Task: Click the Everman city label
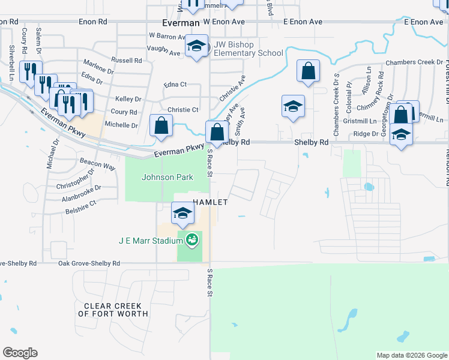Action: [x=181, y=22]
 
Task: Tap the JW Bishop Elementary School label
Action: [x=247, y=49]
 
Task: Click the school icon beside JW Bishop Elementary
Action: [x=196, y=47]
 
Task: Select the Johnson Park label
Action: [x=159, y=177]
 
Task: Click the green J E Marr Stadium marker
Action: [x=192, y=241]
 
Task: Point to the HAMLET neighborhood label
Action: [x=209, y=202]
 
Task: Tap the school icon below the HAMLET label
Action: [x=183, y=212]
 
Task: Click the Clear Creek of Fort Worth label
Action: [x=113, y=310]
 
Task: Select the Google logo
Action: [x=20, y=353]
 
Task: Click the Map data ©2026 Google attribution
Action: [x=411, y=356]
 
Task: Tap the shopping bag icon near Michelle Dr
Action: [x=161, y=125]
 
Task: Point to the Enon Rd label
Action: [x=93, y=21]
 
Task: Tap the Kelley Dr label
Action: [x=128, y=99]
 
